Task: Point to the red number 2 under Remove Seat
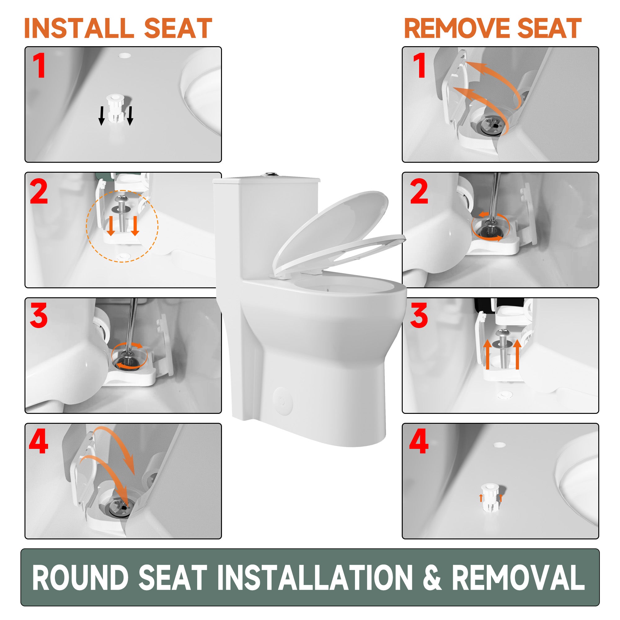(419, 191)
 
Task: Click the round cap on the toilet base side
(282, 401)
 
